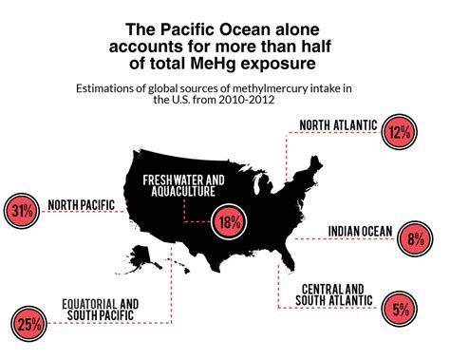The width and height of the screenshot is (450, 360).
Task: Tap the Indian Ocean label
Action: point(360,229)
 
